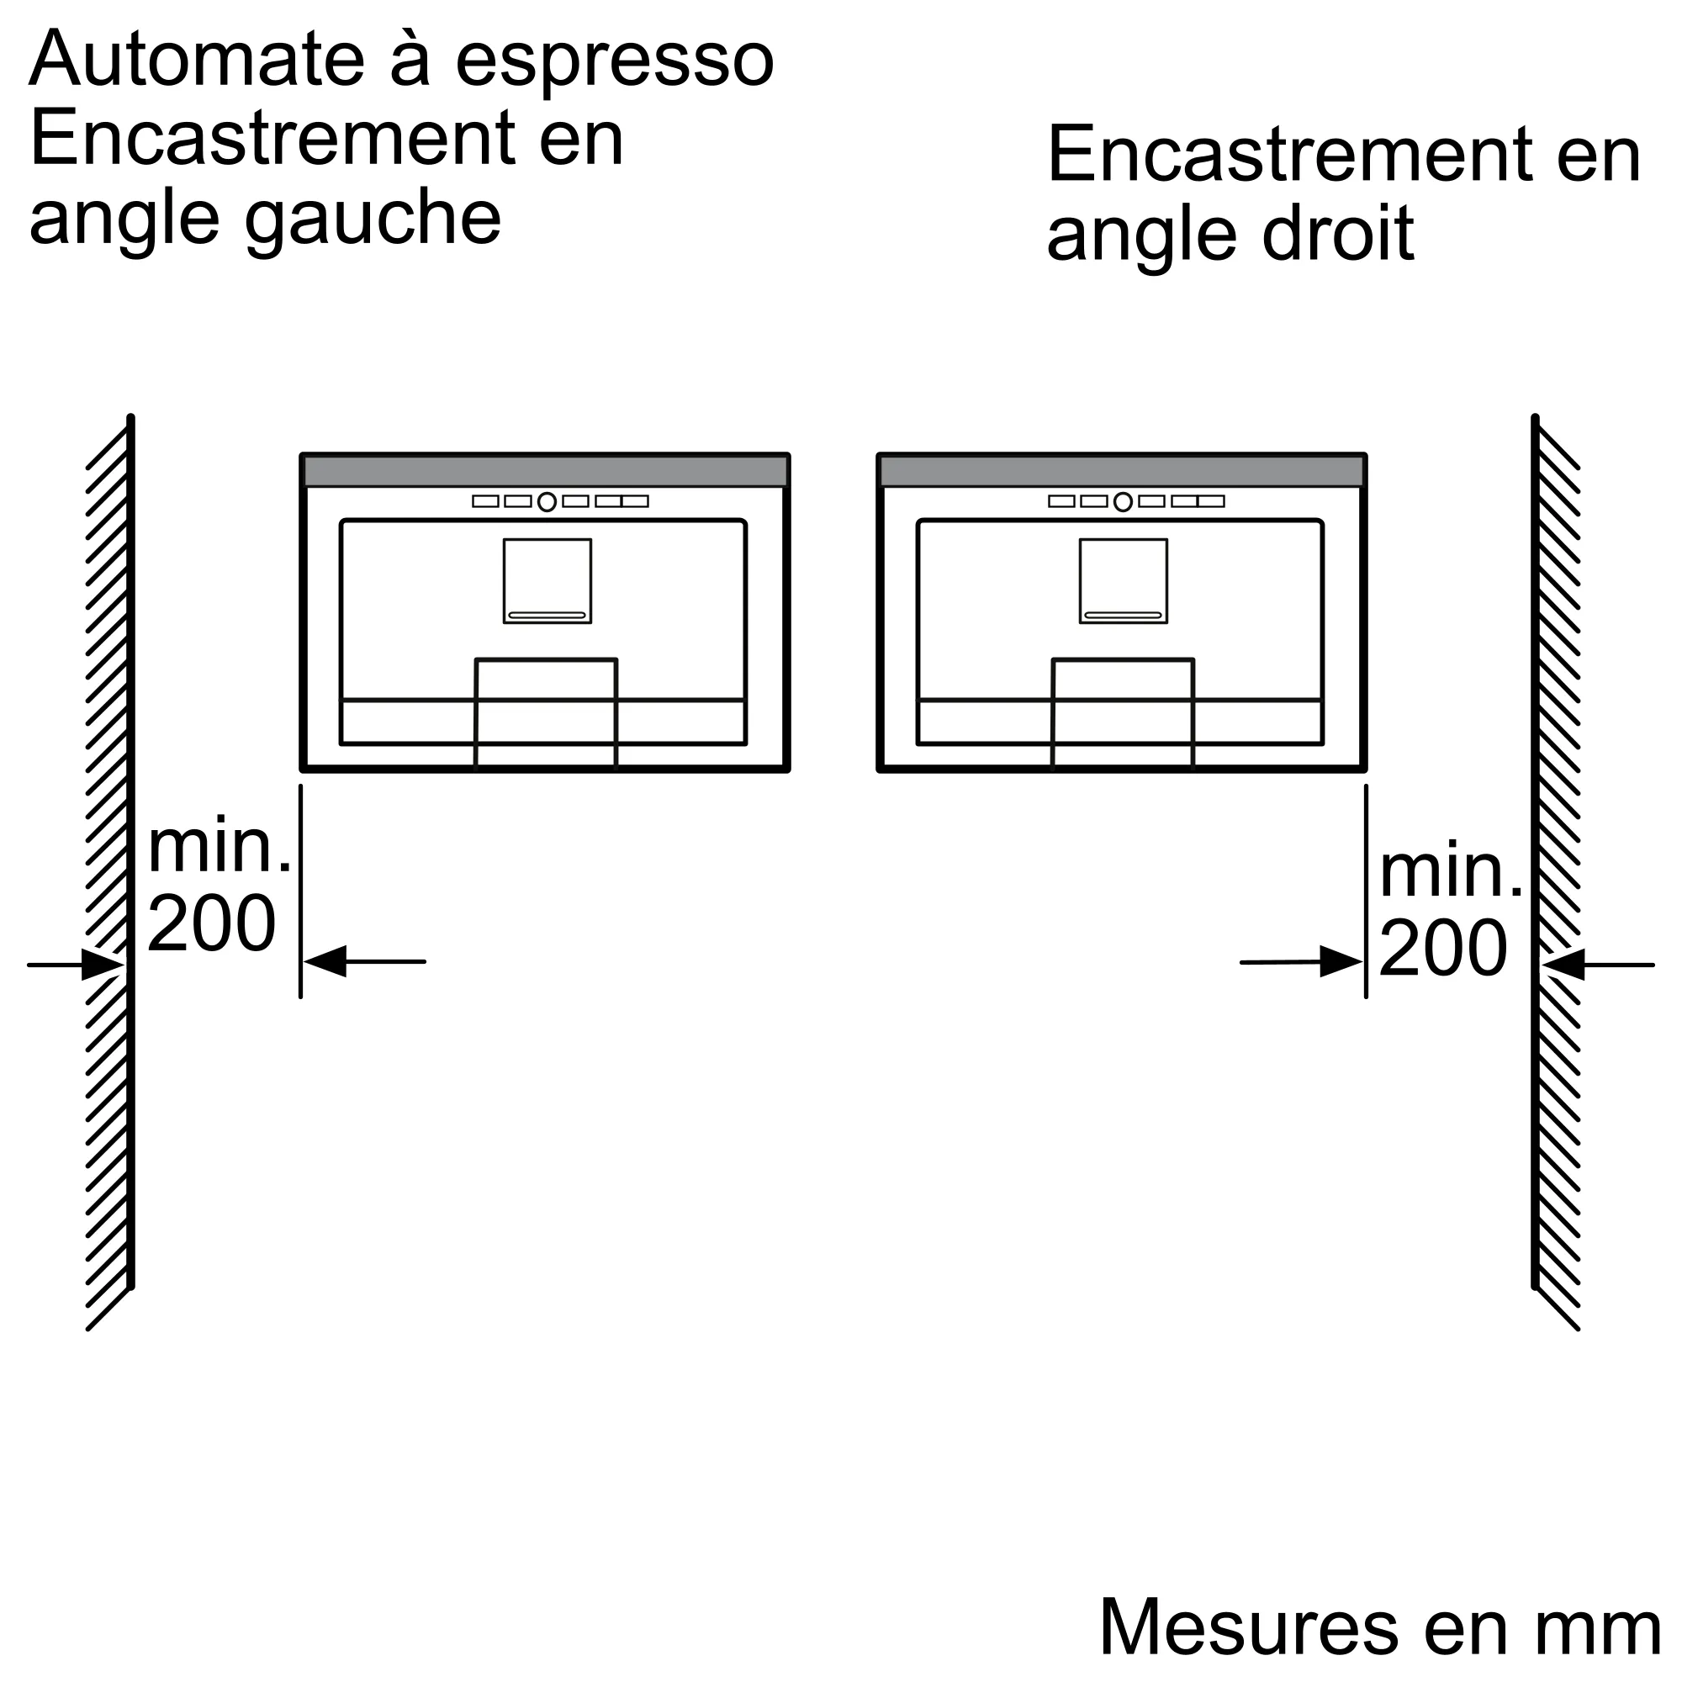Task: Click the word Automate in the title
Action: pos(197,58)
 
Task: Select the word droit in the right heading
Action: pos(1338,233)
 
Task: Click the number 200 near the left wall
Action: pos(212,923)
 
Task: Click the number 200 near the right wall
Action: pos(1443,948)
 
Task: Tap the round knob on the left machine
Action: pos(547,501)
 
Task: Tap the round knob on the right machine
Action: pos(1123,501)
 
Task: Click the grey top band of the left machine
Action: pos(545,471)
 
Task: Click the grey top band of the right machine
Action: pos(1121,471)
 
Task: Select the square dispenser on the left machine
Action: pos(547,580)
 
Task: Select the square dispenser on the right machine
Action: pos(1124,580)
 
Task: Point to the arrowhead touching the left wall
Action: pos(103,965)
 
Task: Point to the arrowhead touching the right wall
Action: pos(1563,965)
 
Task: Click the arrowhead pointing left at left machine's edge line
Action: pos(325,961)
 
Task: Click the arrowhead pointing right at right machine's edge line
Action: pos(1341,961)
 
